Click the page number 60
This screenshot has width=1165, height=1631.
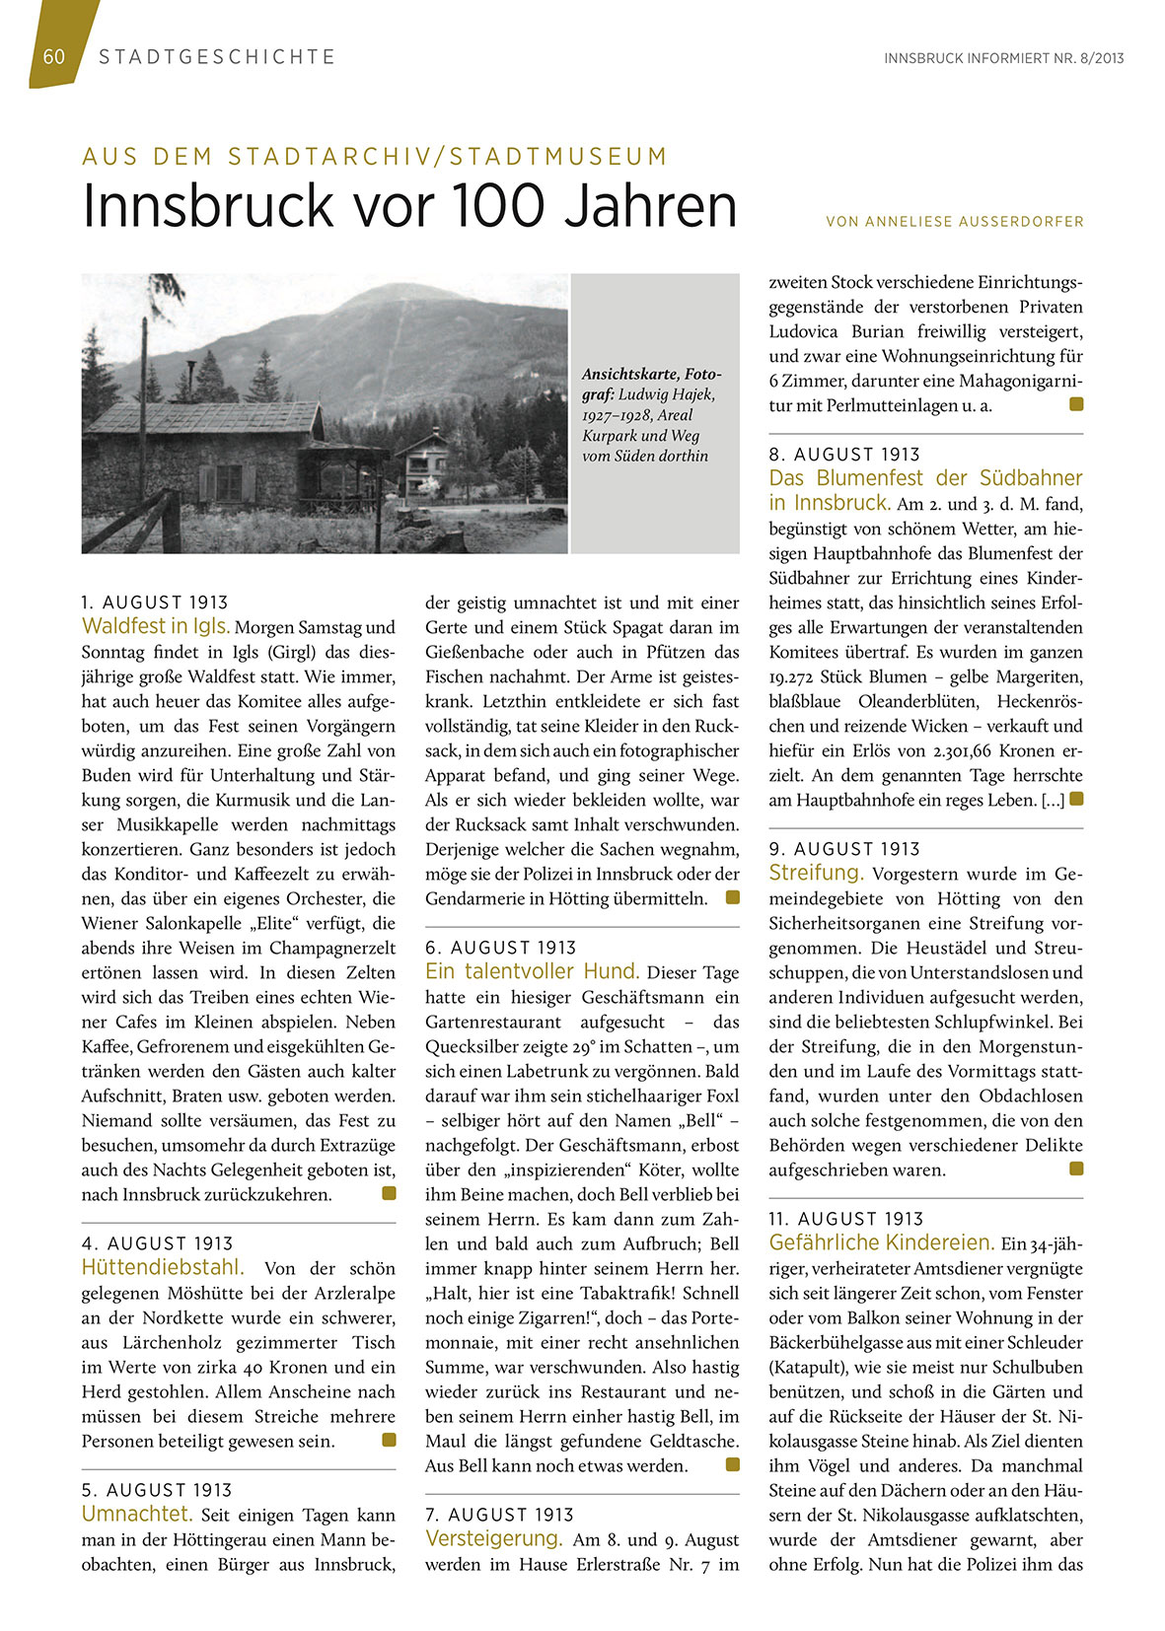coord(54,56)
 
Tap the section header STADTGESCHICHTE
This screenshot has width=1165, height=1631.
coord(217,57)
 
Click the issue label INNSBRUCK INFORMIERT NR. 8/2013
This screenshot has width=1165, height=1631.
coord(1003,58)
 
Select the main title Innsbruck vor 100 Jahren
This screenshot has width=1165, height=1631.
coord(409,205)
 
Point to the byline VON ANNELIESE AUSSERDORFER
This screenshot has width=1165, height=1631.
coord(954,222)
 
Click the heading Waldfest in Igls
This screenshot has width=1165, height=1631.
coord(156,626)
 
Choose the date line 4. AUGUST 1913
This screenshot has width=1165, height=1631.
coord(158,1243)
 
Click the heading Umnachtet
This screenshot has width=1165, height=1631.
coord(136,1514)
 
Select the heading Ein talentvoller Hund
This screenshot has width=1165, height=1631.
coord(533,971)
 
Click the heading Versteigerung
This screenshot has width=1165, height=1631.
coord(493,1538)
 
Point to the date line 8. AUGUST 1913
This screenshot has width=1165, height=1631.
coord(844,455)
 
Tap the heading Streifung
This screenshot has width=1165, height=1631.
coord(816,873)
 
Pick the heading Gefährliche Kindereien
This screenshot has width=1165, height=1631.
coord(881,1242)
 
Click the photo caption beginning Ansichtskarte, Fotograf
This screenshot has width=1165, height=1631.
coord(651,414)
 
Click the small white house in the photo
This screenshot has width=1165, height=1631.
coord(427,463)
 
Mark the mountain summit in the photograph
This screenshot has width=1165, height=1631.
coord(402,289)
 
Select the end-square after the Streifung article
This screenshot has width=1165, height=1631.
coord(1076,1169)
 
